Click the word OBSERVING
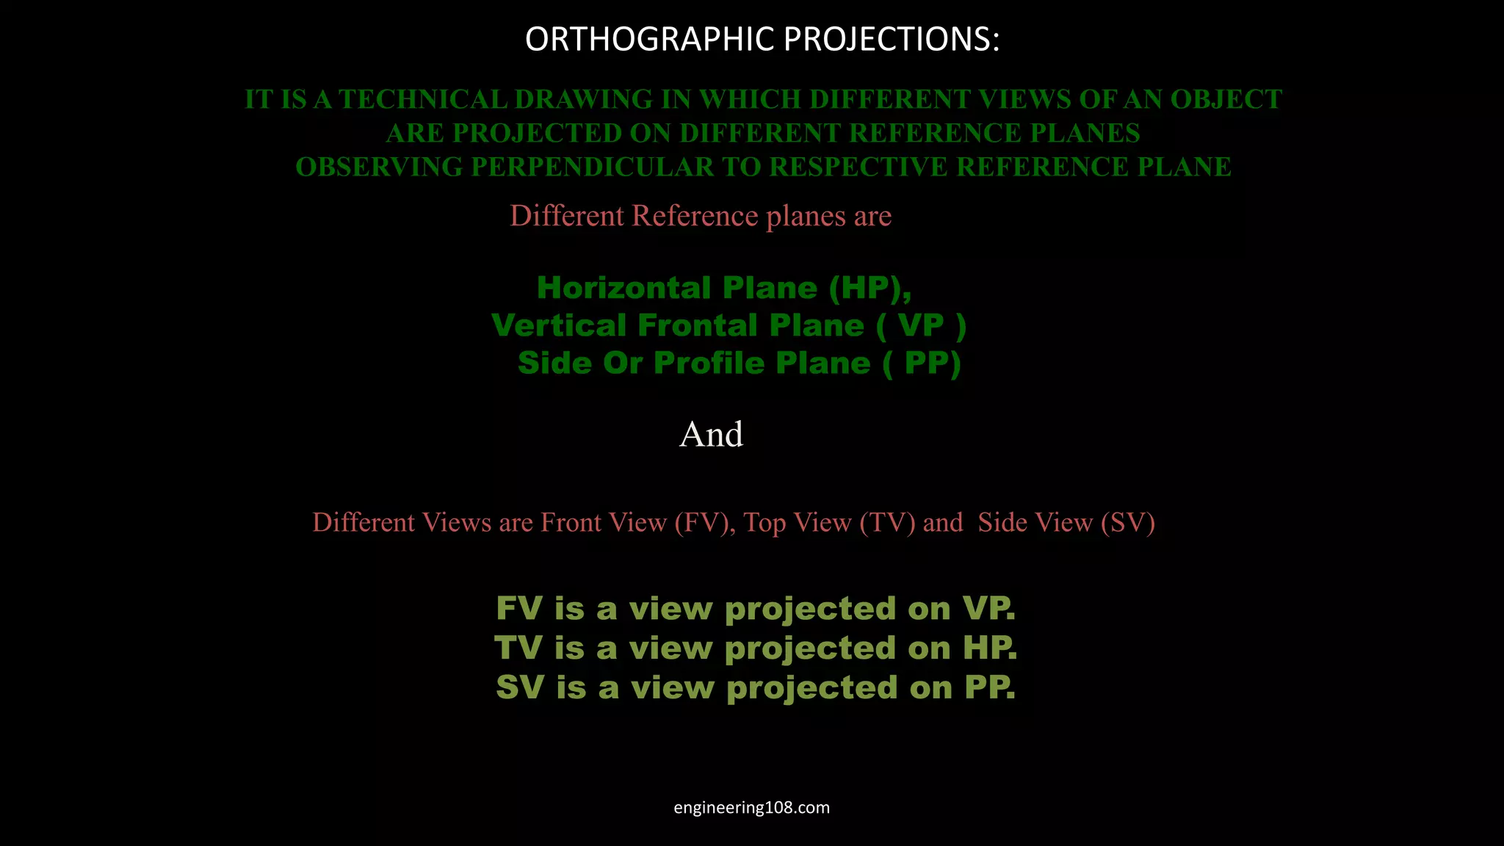379,167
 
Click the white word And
711,434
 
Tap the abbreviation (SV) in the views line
1128,523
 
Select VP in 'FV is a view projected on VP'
988,609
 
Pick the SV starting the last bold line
521,688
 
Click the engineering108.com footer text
752,808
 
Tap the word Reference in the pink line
695,216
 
